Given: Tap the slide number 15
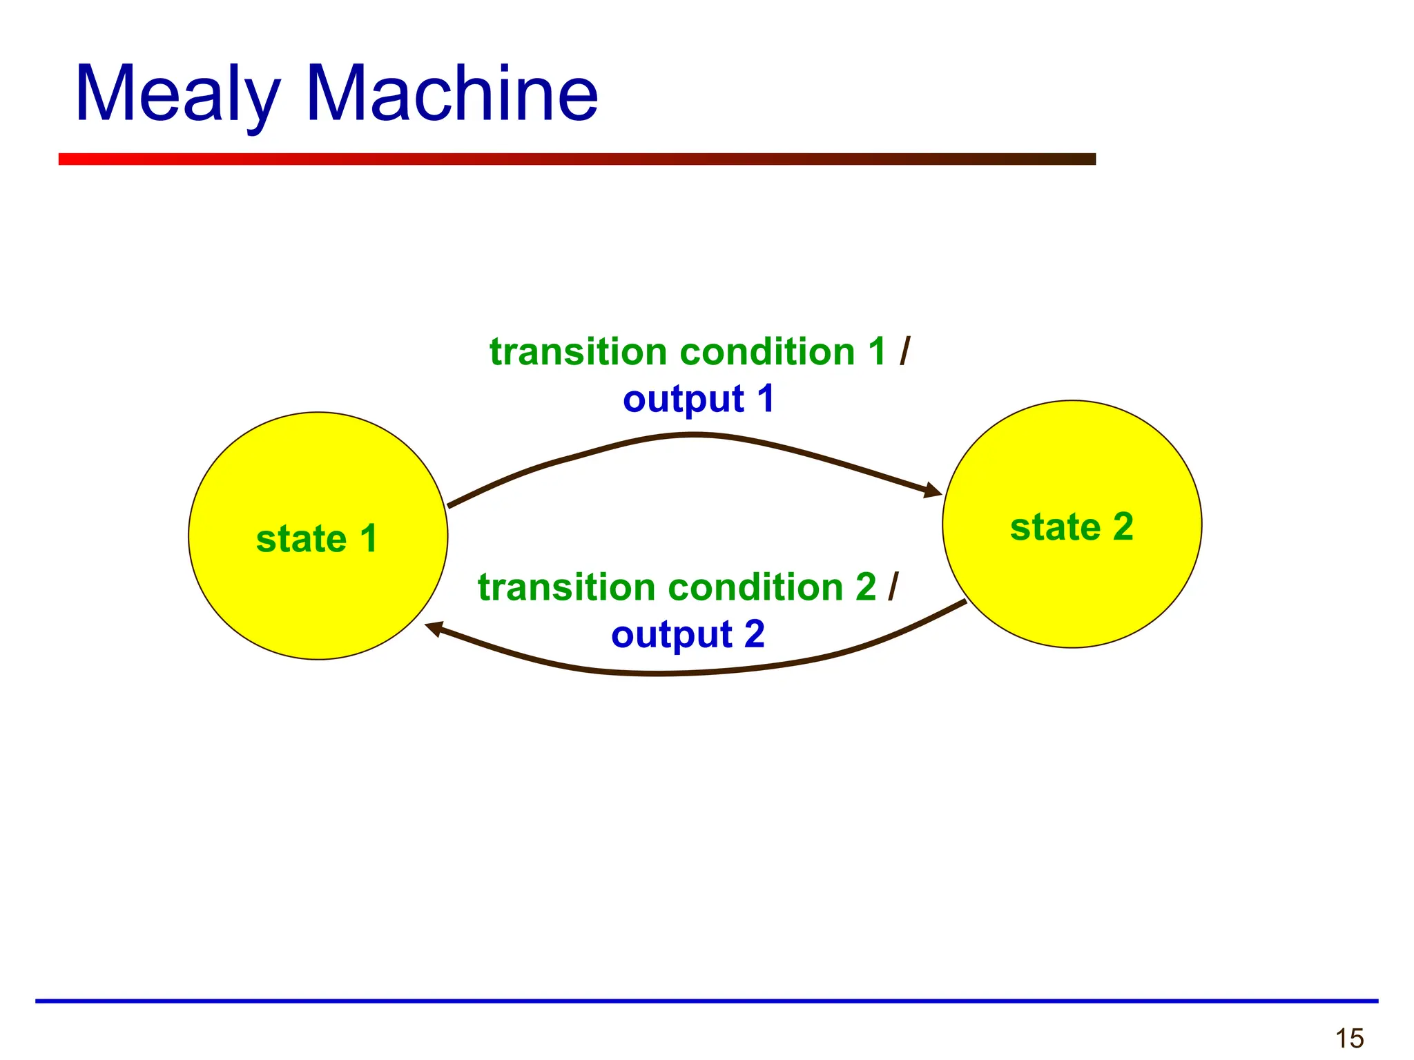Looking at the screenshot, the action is [x=1349, y=1038].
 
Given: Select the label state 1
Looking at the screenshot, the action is [x=317, y=539].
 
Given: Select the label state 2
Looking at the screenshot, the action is [x=1071, y=527].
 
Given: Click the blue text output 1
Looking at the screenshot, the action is [x=698, y=400].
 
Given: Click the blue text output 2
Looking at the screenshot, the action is [x=688, y=635].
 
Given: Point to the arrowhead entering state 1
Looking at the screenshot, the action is [x=434, y=628].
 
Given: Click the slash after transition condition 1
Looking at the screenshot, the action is [x=905, y=351].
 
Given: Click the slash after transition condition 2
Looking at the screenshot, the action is [x=893, y=587].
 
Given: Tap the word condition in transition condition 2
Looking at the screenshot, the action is [x=756, y=587].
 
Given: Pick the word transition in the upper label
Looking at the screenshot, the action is [x=579, y=352].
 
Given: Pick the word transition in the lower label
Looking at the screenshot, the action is [x=567, y=587].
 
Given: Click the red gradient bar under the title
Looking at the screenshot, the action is [x=577, y=159].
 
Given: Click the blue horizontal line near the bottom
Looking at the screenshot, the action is [x=706, y=1000].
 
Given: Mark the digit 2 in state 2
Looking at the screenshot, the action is [x=1123, y=527].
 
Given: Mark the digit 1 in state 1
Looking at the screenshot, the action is [x=369, y=539].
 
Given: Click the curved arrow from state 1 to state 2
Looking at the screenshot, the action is [x=694, y=435].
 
